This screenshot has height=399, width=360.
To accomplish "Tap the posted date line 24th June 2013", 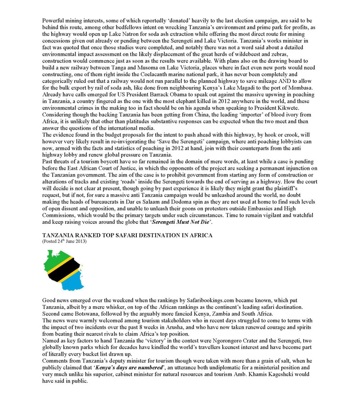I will click(65, 242).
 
